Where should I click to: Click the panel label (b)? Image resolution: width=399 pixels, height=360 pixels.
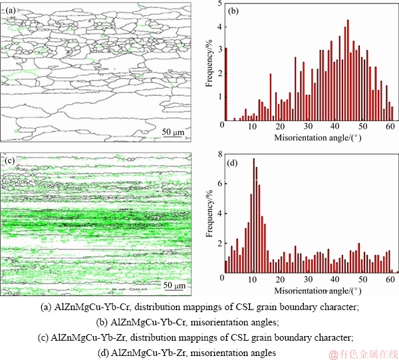(x=233, y=10)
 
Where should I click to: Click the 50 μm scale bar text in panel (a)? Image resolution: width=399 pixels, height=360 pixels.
(x=174, y=132)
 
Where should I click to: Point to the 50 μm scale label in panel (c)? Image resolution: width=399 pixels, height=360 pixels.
(x=174, y=285)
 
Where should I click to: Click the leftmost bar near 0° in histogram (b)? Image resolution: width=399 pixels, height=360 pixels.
(x=226, y=86)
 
